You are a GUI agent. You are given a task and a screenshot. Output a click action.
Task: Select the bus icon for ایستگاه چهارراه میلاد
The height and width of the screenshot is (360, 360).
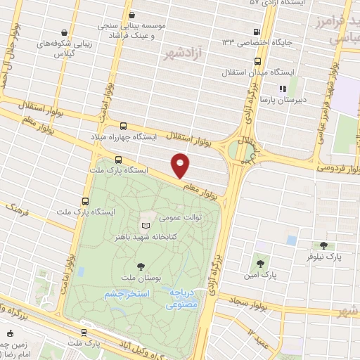click(124, 126)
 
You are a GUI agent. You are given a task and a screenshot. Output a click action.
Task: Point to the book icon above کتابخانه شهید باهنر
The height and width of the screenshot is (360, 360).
click(146, 225)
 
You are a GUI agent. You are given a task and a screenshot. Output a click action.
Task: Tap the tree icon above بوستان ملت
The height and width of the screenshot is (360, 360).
click(141, 266)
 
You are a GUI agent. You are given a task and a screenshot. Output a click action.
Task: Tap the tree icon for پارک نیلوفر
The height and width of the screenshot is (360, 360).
click(323, 245)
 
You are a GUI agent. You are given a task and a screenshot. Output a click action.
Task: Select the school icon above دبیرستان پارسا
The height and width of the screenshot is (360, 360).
click(282, 89)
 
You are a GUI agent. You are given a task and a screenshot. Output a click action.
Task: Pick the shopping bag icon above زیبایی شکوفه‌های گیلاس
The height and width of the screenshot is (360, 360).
click(65, 32)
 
